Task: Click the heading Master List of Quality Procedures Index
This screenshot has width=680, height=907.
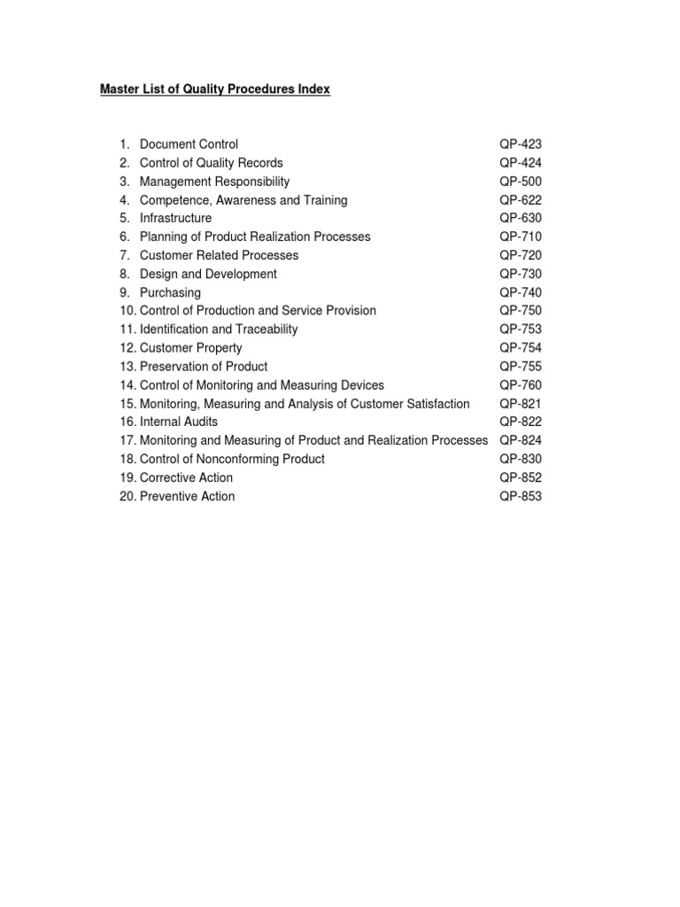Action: click(x=215, y=89)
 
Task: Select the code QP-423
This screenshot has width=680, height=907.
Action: click(x=520, y=144)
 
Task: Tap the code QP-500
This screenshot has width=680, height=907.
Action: click(x=520, y=182)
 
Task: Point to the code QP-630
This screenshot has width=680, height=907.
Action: click(x=520, y=218)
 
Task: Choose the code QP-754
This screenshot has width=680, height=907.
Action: click(x=520, y=348)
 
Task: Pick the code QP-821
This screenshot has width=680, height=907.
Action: click(x=520, y=404)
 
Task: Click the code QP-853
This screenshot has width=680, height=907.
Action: click(x=520, y=497)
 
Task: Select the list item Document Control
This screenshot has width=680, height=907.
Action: click(x=189, y=144)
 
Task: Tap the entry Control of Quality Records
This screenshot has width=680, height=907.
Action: click(x=211, y=163)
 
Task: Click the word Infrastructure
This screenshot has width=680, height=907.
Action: click(x=175, y=218)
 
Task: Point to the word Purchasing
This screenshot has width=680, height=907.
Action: click(x=170, y=292)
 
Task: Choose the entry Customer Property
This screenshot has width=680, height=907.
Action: click(x=190, y=348)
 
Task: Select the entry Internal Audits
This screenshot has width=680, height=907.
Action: click(x=178, y=422)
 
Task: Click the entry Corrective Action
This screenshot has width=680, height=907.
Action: click(x=186, y=478)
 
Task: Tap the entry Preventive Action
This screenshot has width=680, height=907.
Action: click(x=187, y=497)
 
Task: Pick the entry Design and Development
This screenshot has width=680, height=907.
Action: click(x=208, y=274)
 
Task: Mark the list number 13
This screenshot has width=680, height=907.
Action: click(x=127, y=367)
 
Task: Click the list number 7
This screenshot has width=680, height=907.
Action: click(x=125, y=255)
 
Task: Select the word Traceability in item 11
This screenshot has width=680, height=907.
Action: click(x=264, y=329)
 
